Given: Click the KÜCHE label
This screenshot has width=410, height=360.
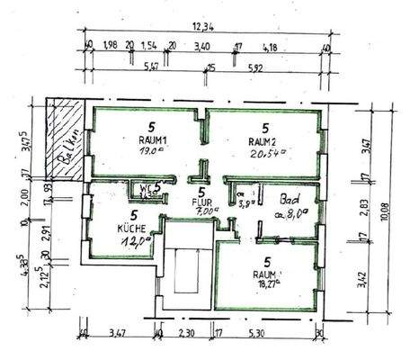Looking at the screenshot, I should click(132, 228).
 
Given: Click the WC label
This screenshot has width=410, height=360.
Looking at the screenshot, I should click(145, 188).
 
